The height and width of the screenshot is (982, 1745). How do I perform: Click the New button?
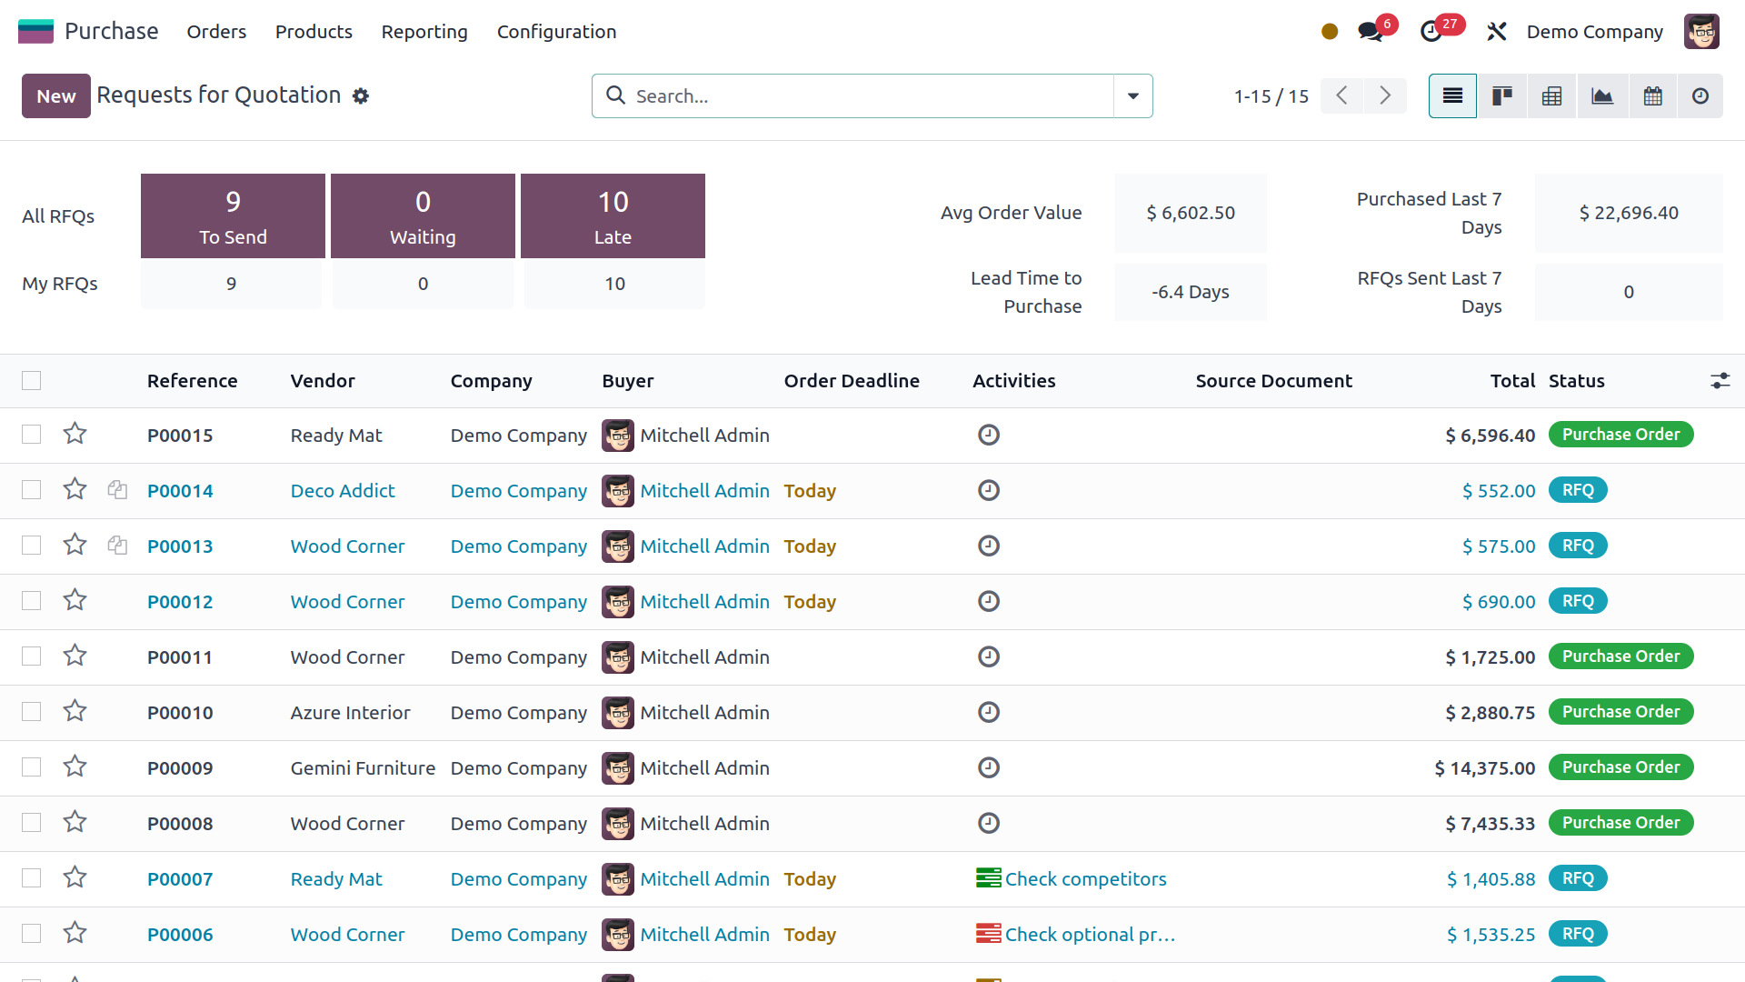tap(55, 96)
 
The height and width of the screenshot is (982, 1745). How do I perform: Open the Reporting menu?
tap(424, 32)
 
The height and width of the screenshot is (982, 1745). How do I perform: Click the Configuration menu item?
tap(556, 32)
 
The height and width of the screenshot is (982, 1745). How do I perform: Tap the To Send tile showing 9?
tap(233, 216)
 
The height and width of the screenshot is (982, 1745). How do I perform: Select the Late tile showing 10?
tap(613, 216)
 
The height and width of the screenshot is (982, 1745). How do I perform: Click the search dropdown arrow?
tap(1132, 96)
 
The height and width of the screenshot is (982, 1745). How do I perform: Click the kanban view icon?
tap(1501, 96)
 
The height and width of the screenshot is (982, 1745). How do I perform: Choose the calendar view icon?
tap(1652, 96)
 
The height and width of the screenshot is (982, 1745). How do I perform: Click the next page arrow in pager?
tap(1384, 96)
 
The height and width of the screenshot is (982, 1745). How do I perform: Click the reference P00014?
tap(180, 491)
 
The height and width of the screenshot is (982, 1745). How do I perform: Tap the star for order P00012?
tap(75, 601)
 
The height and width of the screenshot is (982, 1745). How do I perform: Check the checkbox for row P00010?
tap(32, 712)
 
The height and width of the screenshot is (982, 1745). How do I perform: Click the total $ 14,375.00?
tap(1484, 768)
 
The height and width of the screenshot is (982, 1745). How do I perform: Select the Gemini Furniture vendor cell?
tap(363, 768)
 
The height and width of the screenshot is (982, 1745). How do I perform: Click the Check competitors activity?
tap(1085, 879)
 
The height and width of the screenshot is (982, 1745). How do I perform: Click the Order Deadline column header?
tap(852, 381)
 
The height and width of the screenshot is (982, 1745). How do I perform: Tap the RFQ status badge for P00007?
tap(1578, 878)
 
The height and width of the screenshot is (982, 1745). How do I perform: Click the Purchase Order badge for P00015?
tap(1620, 435)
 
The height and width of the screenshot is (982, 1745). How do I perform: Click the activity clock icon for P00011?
tap(989, 656)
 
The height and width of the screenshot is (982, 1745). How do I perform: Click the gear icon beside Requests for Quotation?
tap(361, 96)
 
